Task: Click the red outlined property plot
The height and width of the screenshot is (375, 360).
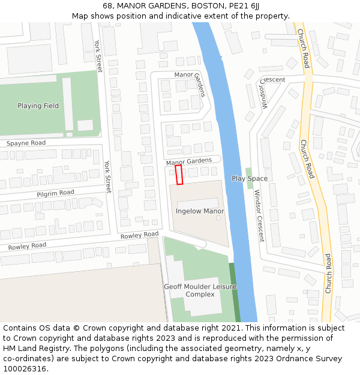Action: (x=179, y=175)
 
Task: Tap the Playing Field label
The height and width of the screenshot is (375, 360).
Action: (x=38, y=106)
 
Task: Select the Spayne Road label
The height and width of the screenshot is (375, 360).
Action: (x=26, y=143)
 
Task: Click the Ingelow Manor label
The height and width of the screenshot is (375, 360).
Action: (x=200, y=211)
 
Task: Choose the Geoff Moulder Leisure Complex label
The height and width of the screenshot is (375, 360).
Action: (x=200, y=290)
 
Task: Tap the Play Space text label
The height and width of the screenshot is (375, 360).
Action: (x=250, y=179)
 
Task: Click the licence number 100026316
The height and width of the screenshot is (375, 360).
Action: (x=25, y=369)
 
